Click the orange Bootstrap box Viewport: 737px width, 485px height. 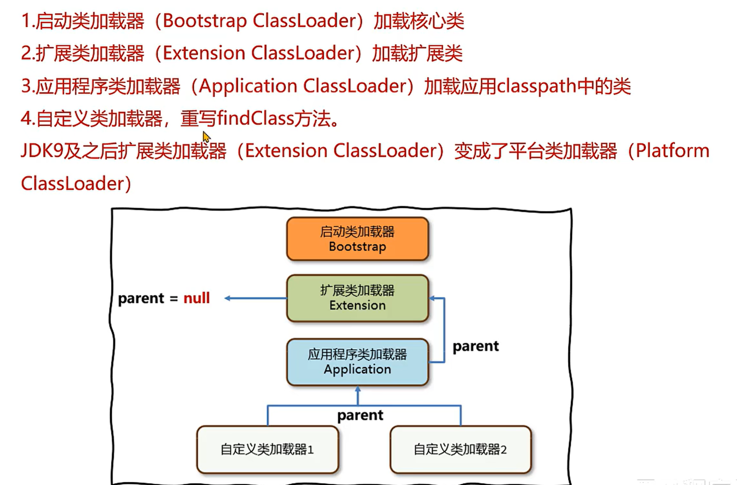tap(357, 239)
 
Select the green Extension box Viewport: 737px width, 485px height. tap(357, 298)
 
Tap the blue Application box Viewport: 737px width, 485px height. tap(357, 362)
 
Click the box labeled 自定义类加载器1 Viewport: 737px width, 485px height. tap(267, 449)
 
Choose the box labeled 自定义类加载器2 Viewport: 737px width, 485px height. tap(460, 449)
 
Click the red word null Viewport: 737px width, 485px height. tap(197, 298)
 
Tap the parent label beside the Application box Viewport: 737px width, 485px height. tap(475, 346)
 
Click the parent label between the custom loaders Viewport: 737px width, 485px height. tap(360, 415)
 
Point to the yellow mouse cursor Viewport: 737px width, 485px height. tap(206, 136)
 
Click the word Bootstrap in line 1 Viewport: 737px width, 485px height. tap(204, 21)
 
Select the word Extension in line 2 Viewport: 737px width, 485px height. tap(204, 53)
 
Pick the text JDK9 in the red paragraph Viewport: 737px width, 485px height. tap(42, 151)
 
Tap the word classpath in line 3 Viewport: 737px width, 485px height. tap(537, 86)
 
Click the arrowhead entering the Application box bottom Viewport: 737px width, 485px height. tap(357, 389)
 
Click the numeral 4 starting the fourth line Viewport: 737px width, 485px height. tap(26, 118)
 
